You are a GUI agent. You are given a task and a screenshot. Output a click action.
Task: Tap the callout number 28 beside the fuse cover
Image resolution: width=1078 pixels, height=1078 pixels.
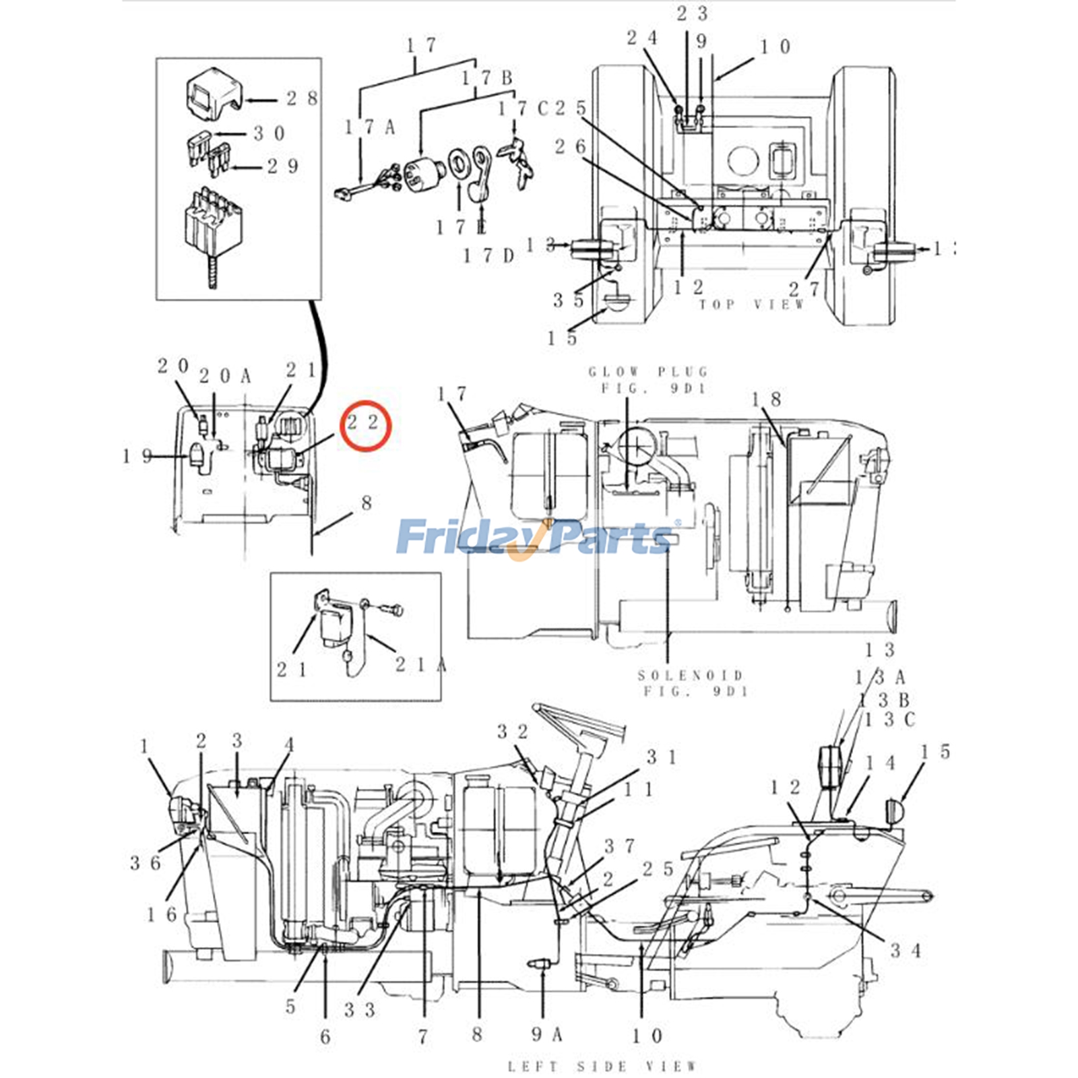pos(302,98)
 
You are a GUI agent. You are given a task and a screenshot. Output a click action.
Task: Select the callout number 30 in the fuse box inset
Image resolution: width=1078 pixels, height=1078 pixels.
pos(269,133)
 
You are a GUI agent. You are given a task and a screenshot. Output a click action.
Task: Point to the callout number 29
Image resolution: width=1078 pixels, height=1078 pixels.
pos(282,166)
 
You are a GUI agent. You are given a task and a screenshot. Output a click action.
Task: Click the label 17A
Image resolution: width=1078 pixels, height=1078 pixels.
pos(369,127)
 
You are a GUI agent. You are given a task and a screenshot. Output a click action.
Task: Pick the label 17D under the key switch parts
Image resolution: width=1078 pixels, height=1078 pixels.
pos(488,256)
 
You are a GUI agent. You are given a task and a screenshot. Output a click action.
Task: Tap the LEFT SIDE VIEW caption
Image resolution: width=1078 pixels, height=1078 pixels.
pos(602,1066)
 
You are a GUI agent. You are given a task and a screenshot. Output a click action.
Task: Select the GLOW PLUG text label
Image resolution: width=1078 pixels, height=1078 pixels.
pos(648,372)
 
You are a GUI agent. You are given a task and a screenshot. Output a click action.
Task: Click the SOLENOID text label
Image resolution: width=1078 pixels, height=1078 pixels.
pos(691,675)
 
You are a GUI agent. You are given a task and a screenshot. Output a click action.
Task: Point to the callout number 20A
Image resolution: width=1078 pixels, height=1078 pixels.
pos(225,376)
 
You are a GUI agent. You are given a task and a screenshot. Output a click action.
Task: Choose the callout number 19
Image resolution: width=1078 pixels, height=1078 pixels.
pos(137,456)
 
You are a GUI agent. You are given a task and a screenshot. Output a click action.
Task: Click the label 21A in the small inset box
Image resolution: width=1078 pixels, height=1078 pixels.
pos(420,665)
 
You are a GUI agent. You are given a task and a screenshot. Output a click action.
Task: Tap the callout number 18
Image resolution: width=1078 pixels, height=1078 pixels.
pos(766,400)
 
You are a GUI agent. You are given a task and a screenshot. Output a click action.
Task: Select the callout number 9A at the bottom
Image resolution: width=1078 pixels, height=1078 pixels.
pos(546,1034)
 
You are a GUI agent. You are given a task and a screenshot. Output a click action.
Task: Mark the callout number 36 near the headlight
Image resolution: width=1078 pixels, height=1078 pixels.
pos(144,862)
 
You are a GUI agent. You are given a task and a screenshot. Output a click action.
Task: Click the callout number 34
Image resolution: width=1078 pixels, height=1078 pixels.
pos(905,951)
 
